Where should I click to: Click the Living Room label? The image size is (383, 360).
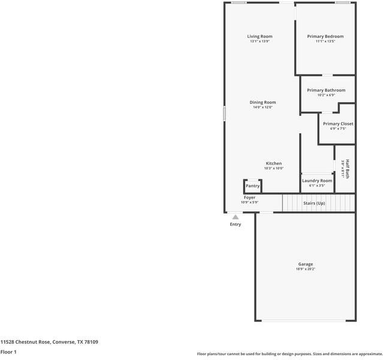tap(260, 37)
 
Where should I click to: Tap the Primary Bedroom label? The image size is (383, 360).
tap(325, 37)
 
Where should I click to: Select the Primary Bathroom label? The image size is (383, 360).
tap(326, 90)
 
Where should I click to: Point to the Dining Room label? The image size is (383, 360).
tap(263, 103)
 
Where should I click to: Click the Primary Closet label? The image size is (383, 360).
tap(338, 124)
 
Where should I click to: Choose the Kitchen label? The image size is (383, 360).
tap(274, 163)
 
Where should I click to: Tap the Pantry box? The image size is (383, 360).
tap(252, 186)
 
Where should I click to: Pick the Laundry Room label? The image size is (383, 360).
tap(317, 181)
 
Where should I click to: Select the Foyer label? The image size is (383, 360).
tap(249, 197)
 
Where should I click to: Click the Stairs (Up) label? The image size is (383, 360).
tap(314, 203)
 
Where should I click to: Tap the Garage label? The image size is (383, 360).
tap(306, 264)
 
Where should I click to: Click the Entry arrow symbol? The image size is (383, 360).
tap(236, 217)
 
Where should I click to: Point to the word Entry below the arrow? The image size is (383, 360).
tap(236, 224)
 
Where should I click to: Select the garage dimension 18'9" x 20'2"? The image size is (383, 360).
tap(306, 269)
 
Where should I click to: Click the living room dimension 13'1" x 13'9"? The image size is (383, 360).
tap(260, 41)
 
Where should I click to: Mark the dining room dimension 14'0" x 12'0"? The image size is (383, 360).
tap(263, 107)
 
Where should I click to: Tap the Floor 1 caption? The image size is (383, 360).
tap(8, 352)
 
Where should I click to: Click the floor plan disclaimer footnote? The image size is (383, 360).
tap(289, 354)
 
